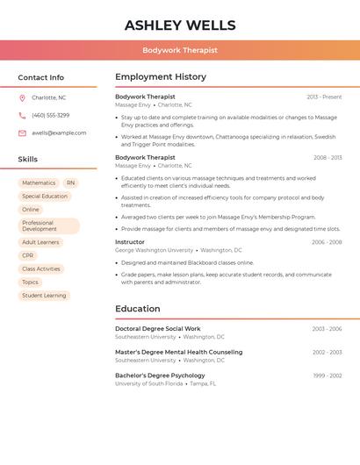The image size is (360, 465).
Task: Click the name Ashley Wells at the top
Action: pyautogui.click(x=180, y=25)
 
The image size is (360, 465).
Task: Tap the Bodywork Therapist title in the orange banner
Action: pyautogui.click(x=180, y=51)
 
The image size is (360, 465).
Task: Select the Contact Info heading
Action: pyautogui.click(x=41, y=77)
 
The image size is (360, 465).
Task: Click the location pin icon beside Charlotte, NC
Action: pyautogui.click(x=22, y=97)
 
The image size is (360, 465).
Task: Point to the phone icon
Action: pyautogui.click(x=22, y=115)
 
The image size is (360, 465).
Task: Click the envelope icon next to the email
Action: pyautogui.click(x=22, y=133)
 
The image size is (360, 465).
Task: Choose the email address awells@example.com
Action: pyautogui.click(x=59, y=133)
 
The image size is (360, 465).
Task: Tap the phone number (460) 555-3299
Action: pyautogui.click(x=50, y=115)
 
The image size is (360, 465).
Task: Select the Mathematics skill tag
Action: pyautogui.click(x=39, y=183)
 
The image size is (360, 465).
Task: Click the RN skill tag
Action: pyautogui.click(x=70, y=183)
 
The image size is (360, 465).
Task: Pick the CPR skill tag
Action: pyautogui.click(x=28, y=255)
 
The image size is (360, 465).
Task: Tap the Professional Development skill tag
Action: pyautogui.click(x=48, y=226)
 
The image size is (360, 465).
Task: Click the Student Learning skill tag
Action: pyautogui.click(x=44, y=296)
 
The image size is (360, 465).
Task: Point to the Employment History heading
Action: pyautogui.click(x=161, y=77)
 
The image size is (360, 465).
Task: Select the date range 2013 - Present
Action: pyautogui.click(x=324, y=97)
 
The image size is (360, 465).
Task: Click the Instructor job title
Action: pyautogui.click(x=130, y=242)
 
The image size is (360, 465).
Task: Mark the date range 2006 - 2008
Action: pyautogui.click(x=327, y=242)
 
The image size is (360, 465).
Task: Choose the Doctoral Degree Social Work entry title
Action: pyautogui.click(x=158, y=329)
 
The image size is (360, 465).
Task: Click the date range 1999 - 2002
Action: pyautogui.click(x=327, y=376)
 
